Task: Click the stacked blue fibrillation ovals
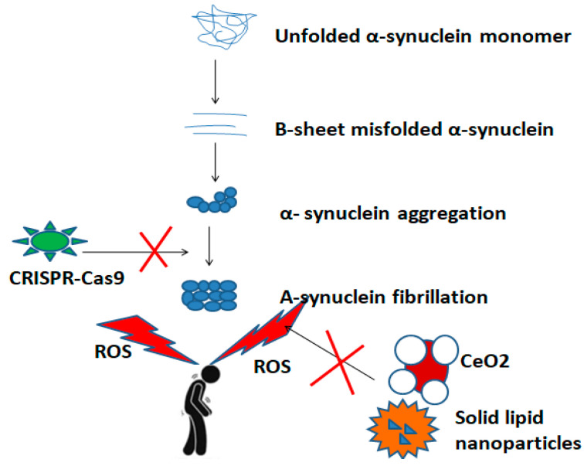tap(209, 294)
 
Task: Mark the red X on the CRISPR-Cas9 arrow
tap(157, 251)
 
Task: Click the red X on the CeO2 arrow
tap(338, 359)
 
